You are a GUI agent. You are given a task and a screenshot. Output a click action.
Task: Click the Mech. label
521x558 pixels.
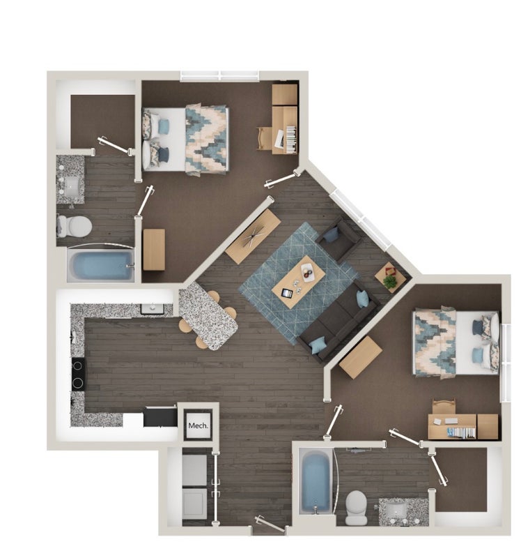click(198, 425)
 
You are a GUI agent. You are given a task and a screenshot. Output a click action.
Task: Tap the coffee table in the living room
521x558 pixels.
click(299, 282)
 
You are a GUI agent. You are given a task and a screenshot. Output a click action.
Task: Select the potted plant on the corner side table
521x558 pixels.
click(390, 281)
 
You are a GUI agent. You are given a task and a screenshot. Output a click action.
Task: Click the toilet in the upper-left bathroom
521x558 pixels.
click(75, 226)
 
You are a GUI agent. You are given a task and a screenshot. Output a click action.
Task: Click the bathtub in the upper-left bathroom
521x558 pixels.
click(101, 266)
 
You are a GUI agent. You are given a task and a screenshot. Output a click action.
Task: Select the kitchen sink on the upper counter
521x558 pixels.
click(153, 308)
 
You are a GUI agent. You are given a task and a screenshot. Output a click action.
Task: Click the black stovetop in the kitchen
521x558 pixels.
click(78, 374)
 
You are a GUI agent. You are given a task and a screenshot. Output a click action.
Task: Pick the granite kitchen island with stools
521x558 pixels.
click(208, 315)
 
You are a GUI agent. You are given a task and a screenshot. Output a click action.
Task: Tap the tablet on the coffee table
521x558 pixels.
click(287, 293)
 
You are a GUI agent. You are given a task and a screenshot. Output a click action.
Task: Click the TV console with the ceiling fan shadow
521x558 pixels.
click(253, 236)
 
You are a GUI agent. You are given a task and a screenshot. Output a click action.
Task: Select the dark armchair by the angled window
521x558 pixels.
click(339, 239)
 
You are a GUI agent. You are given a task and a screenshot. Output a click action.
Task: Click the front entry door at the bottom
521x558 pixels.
click(270, 525)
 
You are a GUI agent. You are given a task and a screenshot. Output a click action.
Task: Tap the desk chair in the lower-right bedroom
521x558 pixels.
click(444, 406)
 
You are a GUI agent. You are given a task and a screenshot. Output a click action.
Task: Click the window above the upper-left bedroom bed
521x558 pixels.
click(219, 75)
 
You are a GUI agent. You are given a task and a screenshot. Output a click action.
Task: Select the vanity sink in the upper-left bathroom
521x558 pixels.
click(72, 184)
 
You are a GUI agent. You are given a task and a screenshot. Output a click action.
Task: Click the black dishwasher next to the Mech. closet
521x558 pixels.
click(160, 417)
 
